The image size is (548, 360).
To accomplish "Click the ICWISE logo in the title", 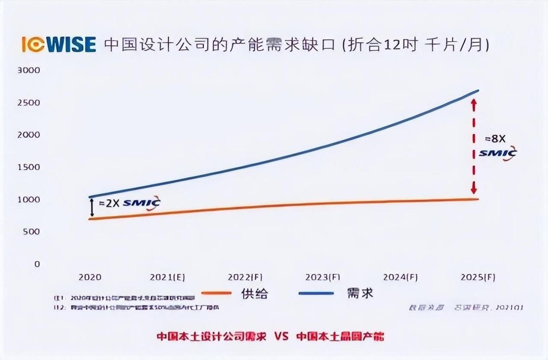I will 58,45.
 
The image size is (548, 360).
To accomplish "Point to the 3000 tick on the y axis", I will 29,70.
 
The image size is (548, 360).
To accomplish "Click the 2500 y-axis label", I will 29,103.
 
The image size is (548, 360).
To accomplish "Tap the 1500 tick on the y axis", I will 29,167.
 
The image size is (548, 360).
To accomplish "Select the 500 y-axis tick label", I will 31,232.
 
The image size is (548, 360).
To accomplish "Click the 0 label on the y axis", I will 37,264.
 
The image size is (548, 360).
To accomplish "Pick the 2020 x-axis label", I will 90,277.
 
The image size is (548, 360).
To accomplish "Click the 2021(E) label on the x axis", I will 168,277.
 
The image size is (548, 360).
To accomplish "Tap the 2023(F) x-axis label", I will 323,277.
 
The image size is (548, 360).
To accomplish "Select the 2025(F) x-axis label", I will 478,277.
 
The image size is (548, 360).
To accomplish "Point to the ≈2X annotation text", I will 109,203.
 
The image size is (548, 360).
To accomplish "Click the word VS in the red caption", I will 282,337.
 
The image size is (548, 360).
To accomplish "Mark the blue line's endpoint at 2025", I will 478,90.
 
